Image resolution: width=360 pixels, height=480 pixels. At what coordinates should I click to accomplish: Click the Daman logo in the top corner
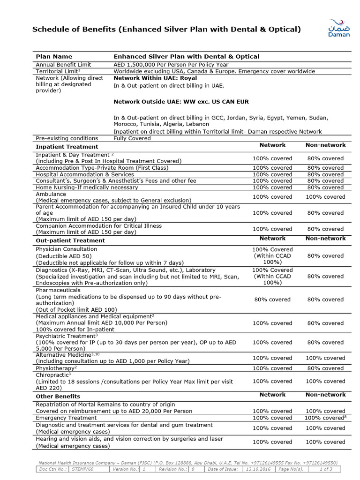[x=338, y=29]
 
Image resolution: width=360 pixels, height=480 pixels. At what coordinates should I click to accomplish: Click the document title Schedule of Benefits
[x=166, y=30]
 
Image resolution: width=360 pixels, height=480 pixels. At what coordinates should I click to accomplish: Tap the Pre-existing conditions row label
[x=67, y=138]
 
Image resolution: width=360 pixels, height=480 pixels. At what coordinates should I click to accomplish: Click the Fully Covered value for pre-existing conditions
[x=132, y=138]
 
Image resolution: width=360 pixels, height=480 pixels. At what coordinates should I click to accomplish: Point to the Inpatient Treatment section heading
[x=67, y=147]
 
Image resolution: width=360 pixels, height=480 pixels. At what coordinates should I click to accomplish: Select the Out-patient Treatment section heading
[x=70, y=240]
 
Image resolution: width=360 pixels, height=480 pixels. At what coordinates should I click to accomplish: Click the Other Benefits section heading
[x=58, y=397]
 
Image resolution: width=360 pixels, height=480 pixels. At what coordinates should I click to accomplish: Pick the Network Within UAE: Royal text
[x=155, y=78]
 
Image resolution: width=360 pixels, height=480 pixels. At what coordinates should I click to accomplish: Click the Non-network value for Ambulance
[x=325, y=197]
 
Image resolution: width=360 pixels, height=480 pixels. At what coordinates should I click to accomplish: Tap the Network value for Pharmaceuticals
[x=272, y=300]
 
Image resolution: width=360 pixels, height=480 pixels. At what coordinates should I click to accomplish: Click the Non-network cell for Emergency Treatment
[x=325, y=418]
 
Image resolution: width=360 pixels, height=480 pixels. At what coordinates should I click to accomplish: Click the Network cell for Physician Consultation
[x=272, y=256]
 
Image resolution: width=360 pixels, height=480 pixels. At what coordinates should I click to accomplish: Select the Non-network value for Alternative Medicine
[x=325, y=358]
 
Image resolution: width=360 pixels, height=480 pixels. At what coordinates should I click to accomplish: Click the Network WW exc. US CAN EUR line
[x=181, y=102]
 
